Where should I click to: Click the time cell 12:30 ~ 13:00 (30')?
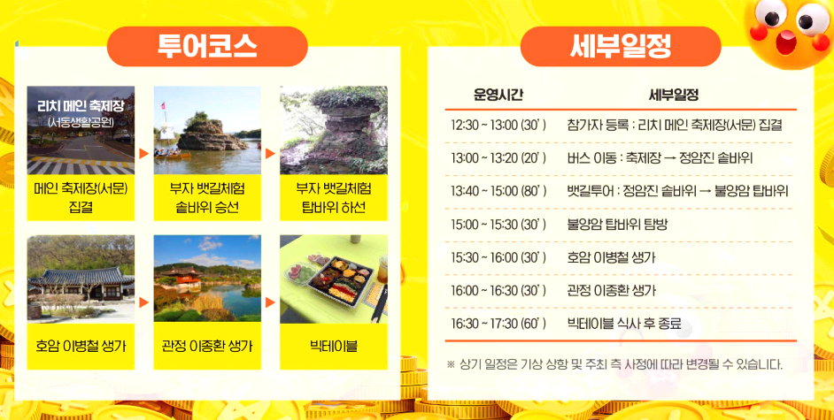click(498, 126)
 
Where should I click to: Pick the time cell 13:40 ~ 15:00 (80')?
click(498, 191)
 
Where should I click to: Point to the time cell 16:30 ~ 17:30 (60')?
click(498, 324)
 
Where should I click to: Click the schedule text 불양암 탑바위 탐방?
click(617, 225)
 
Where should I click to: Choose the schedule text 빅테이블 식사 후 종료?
click(624, 324)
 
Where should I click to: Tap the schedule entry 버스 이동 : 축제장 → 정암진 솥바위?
click(660, 158)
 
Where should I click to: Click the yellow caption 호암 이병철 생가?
click(81, 346)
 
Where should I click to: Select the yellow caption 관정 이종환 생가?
click(207, 346)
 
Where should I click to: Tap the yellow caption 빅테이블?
click(334, 346)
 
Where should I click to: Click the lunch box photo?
click(334, 278)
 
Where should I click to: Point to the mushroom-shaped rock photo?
click(334, 130)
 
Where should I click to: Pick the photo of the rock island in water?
click(207, 130)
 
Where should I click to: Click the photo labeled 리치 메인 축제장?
click(81, 130)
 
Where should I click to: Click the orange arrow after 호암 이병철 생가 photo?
click(143, 302)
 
